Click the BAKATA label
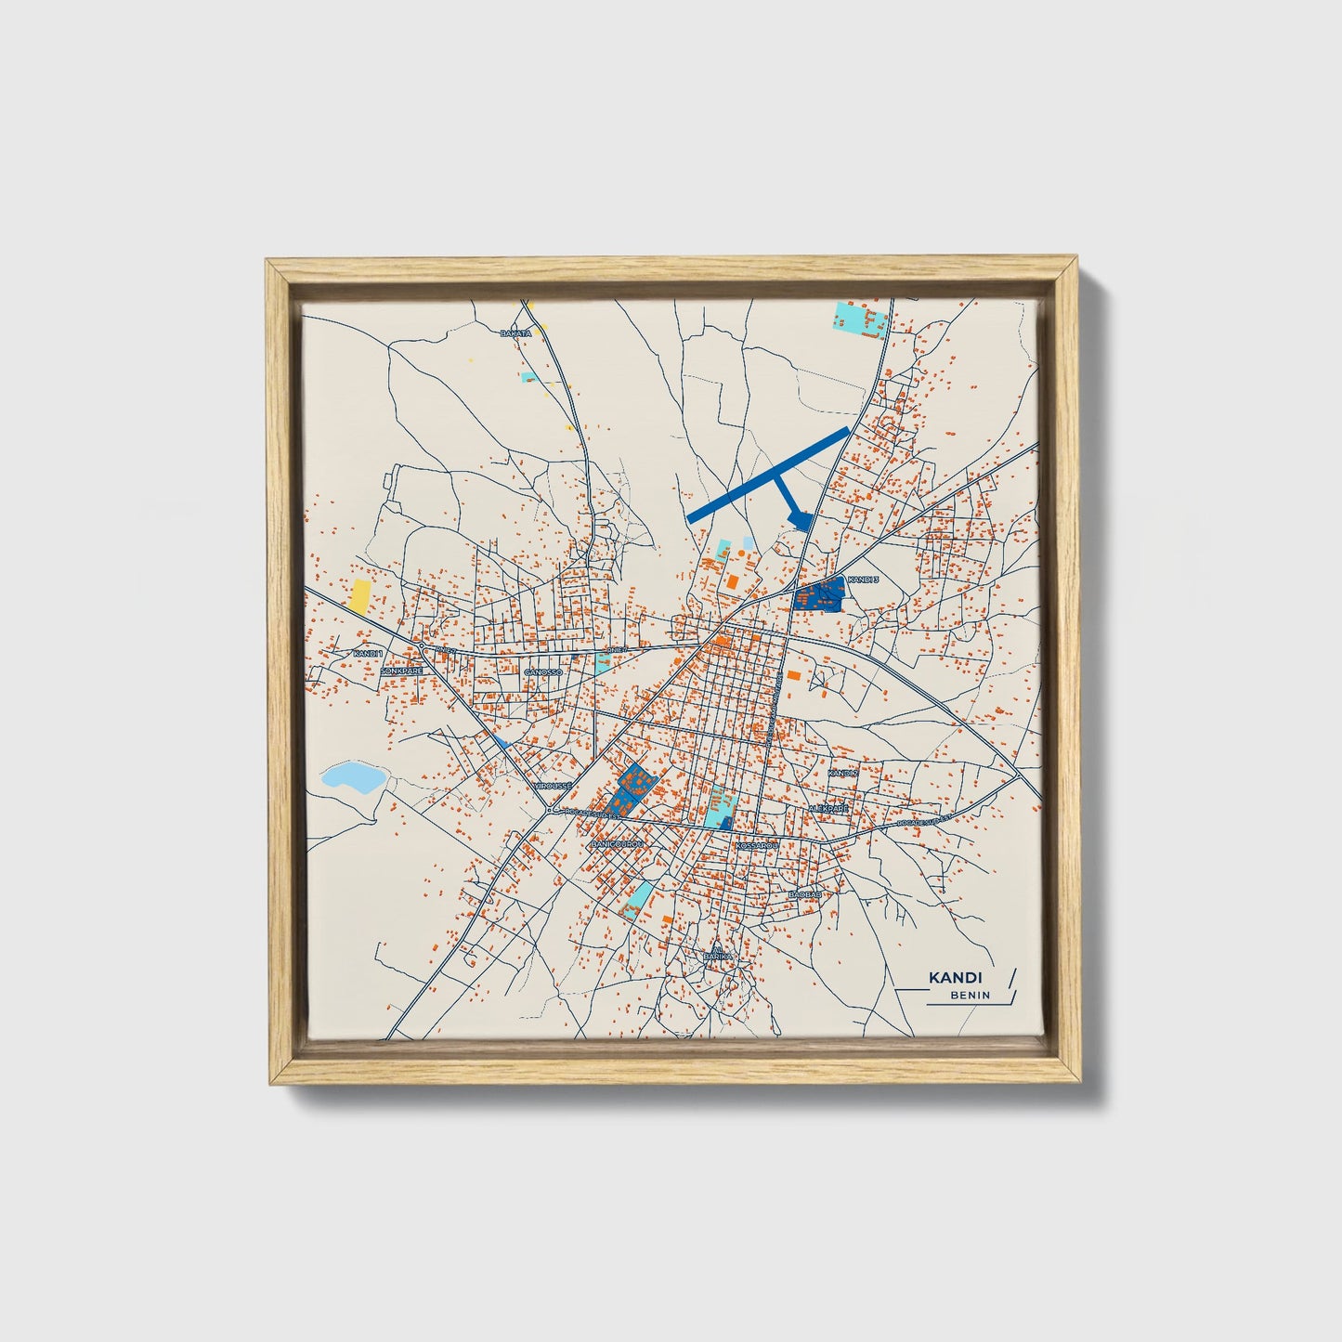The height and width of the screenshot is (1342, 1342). pyautogui.click(x=515, y=332)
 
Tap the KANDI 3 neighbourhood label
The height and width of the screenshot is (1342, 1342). pyautogui.click(x=863, y=580)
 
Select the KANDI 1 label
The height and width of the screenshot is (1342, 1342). pyautogui.click(x=368, y=654)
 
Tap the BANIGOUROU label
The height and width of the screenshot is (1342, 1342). pyautogui.click(x=617, y=843)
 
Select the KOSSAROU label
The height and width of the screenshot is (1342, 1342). pyautogui.click(x=755, y=846)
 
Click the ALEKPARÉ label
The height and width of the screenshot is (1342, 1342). pyautogui.click(x=828, y=809)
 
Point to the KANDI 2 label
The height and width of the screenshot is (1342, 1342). pyautogui.click(x=842, y=772)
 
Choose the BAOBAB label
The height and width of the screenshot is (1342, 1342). pyautogui.click(x=804, y=893)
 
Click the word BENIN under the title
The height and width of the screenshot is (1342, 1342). pyautogui.click(x=970, y=996)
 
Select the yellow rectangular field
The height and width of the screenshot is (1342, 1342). pyautogui.click(x=358, y=596)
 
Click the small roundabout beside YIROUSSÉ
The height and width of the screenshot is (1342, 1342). pyautogui.click(x=551, y=810)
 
